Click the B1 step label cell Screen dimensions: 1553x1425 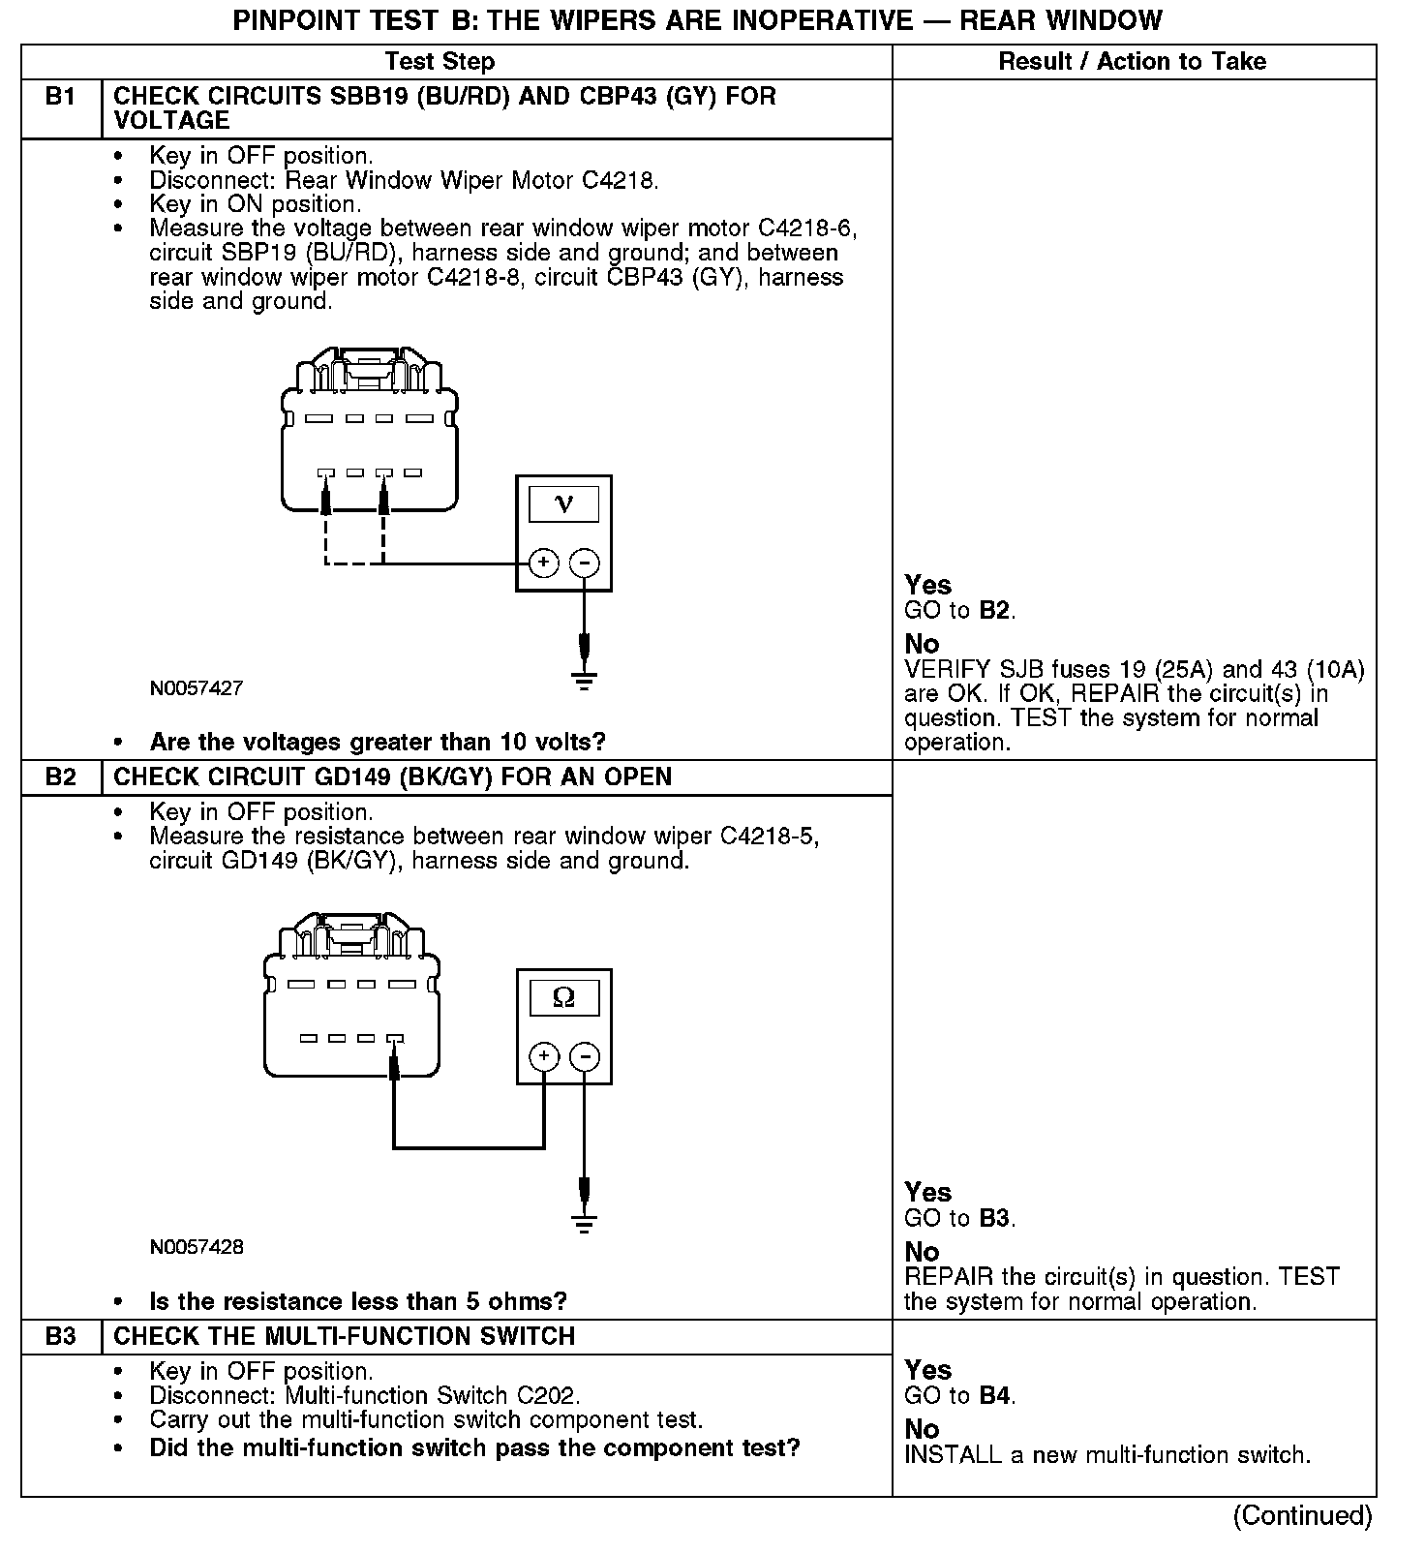60,97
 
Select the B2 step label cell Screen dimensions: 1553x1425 60,777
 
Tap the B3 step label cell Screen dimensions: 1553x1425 60,1336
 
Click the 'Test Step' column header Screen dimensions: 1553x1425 440,62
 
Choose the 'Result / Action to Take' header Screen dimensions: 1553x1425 1132,62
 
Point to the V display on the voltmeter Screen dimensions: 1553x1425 563,504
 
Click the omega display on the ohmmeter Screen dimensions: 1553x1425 563,997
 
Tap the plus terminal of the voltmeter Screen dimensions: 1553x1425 544,563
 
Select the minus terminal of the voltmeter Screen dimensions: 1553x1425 584,563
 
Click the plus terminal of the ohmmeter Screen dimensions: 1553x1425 544,1056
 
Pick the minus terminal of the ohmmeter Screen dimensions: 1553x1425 584,1056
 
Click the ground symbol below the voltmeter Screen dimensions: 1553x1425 584,680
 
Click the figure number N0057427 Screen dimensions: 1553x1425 197,688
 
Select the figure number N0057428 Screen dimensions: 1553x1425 197,1247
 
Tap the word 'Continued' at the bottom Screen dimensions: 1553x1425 1302,1515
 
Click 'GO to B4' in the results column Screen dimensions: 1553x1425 959,1395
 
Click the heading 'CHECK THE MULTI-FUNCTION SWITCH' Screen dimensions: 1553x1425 345,1336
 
